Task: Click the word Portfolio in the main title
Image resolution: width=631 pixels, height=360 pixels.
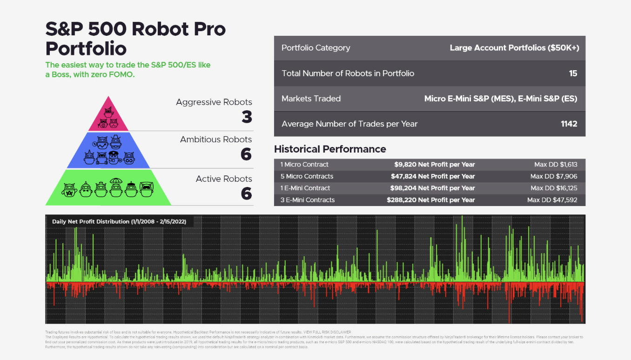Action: coord(86,48)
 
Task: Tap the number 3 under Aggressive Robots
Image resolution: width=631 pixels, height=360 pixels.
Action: coord(247,117)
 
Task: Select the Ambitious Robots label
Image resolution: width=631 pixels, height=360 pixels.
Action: coord(216,139)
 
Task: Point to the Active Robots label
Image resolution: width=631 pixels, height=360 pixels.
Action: coord(224,179)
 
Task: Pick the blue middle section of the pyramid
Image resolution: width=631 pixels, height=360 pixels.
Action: coord(108,150)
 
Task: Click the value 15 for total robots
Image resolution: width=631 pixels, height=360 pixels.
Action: coord(573,73)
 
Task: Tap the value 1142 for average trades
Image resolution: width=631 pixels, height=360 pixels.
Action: coord(569,124)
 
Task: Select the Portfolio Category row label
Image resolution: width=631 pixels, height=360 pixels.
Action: coord(315,47)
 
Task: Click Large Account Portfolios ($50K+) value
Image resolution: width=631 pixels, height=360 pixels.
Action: coord(514,47)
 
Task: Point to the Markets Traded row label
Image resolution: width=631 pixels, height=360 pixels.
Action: coord(311,99)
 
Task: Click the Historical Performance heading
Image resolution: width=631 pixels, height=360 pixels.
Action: coord(330,149)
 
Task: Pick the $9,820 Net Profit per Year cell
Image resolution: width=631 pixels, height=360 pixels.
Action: coord(434,164)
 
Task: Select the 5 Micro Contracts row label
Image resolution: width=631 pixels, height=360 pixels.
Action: coord(307,176)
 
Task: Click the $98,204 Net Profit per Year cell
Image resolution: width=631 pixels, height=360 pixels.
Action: coord(432,188)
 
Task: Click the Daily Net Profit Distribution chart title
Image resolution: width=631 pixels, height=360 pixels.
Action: coord(119,221)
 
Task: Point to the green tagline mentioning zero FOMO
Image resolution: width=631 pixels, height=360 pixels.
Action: coord(128,69)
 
